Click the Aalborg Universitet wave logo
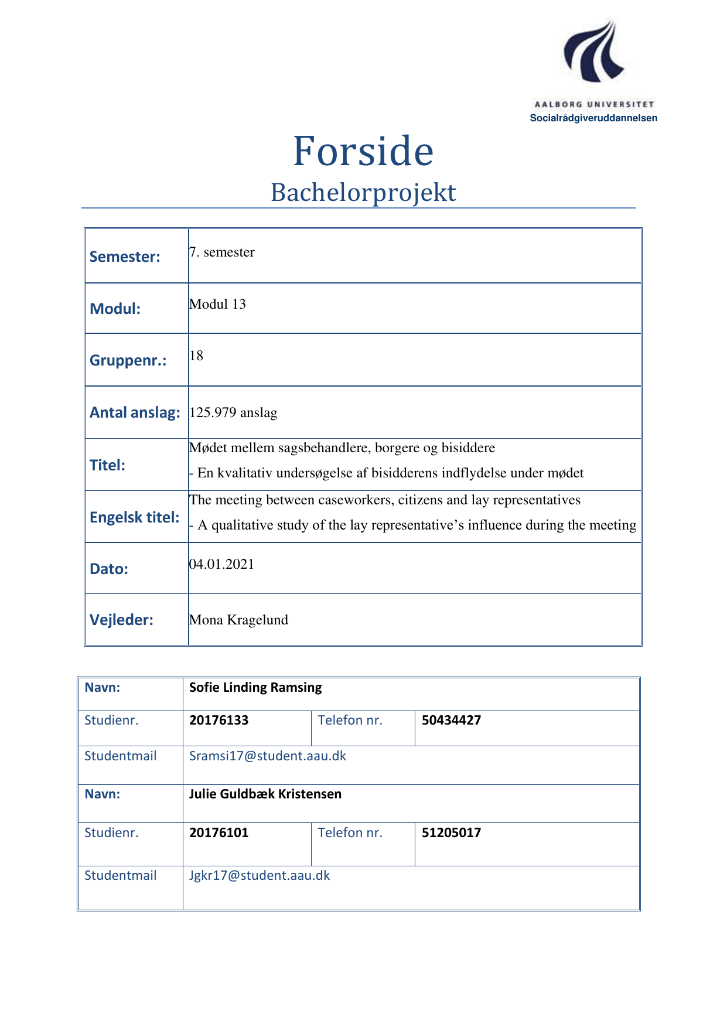pos(593,52)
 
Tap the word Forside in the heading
pos(363,151)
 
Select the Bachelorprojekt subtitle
pos(363,193)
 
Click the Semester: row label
pos(125,257)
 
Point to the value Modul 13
pos(217,304)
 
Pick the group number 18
pos(196,356)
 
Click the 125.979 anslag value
pos(233,412)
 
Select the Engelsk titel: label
pos(135,517)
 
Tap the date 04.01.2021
pos(221,564)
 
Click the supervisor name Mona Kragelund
pos(238,620)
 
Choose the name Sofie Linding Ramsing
pos(255,688)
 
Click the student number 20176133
pos(219,720)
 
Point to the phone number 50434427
pos(451,720)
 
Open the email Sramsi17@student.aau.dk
pos(268,756)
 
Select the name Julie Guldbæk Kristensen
pos(265,794)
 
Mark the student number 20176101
pos(219,833)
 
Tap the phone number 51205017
pos(451,833)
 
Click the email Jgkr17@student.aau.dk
pos(260,876)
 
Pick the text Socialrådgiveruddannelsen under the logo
pos(593,118)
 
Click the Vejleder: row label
pos(121,620)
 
